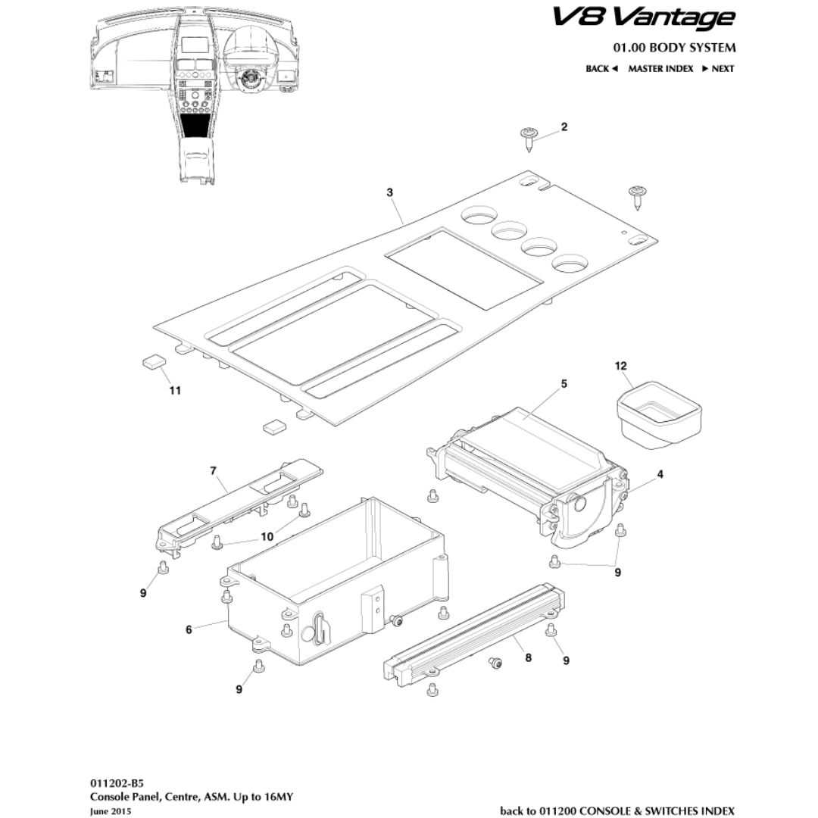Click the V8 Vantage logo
[643, 17]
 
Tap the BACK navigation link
[601, 68]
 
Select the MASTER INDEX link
[660, 68]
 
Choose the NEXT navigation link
[718, 68]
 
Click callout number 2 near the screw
[564, 126]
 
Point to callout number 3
[390, 192]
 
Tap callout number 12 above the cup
[621, 366]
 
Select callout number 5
[564, 383]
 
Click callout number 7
[213, 470]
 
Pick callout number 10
[267, 537]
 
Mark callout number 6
[189, 629]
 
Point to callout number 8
[529, 658]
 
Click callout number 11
[175, 390]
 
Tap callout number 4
[660, 474]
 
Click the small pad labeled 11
[153, 361]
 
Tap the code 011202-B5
[117, 784]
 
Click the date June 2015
[111, 811]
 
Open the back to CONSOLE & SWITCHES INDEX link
[617, 810]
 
